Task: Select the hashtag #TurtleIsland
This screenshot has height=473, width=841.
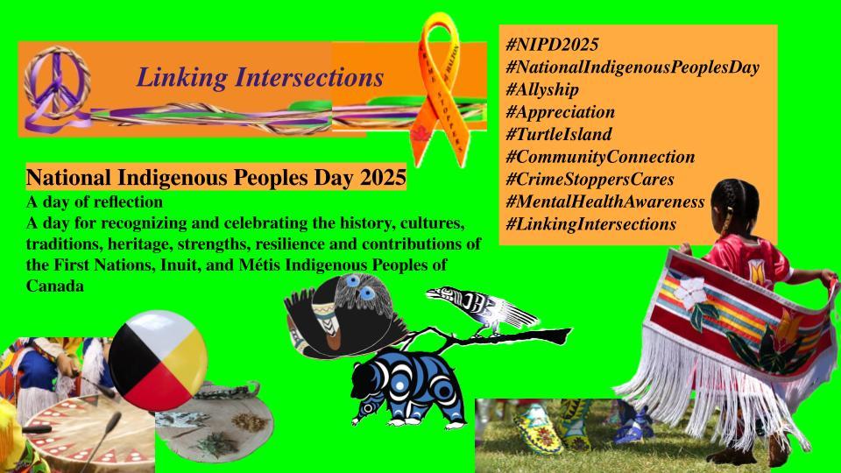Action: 559,135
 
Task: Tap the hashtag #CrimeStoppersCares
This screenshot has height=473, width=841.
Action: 590,180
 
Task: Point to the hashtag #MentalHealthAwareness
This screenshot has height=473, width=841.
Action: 605,202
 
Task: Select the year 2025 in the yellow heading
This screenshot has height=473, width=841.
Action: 383,179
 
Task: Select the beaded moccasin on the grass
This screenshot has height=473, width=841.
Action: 537,428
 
